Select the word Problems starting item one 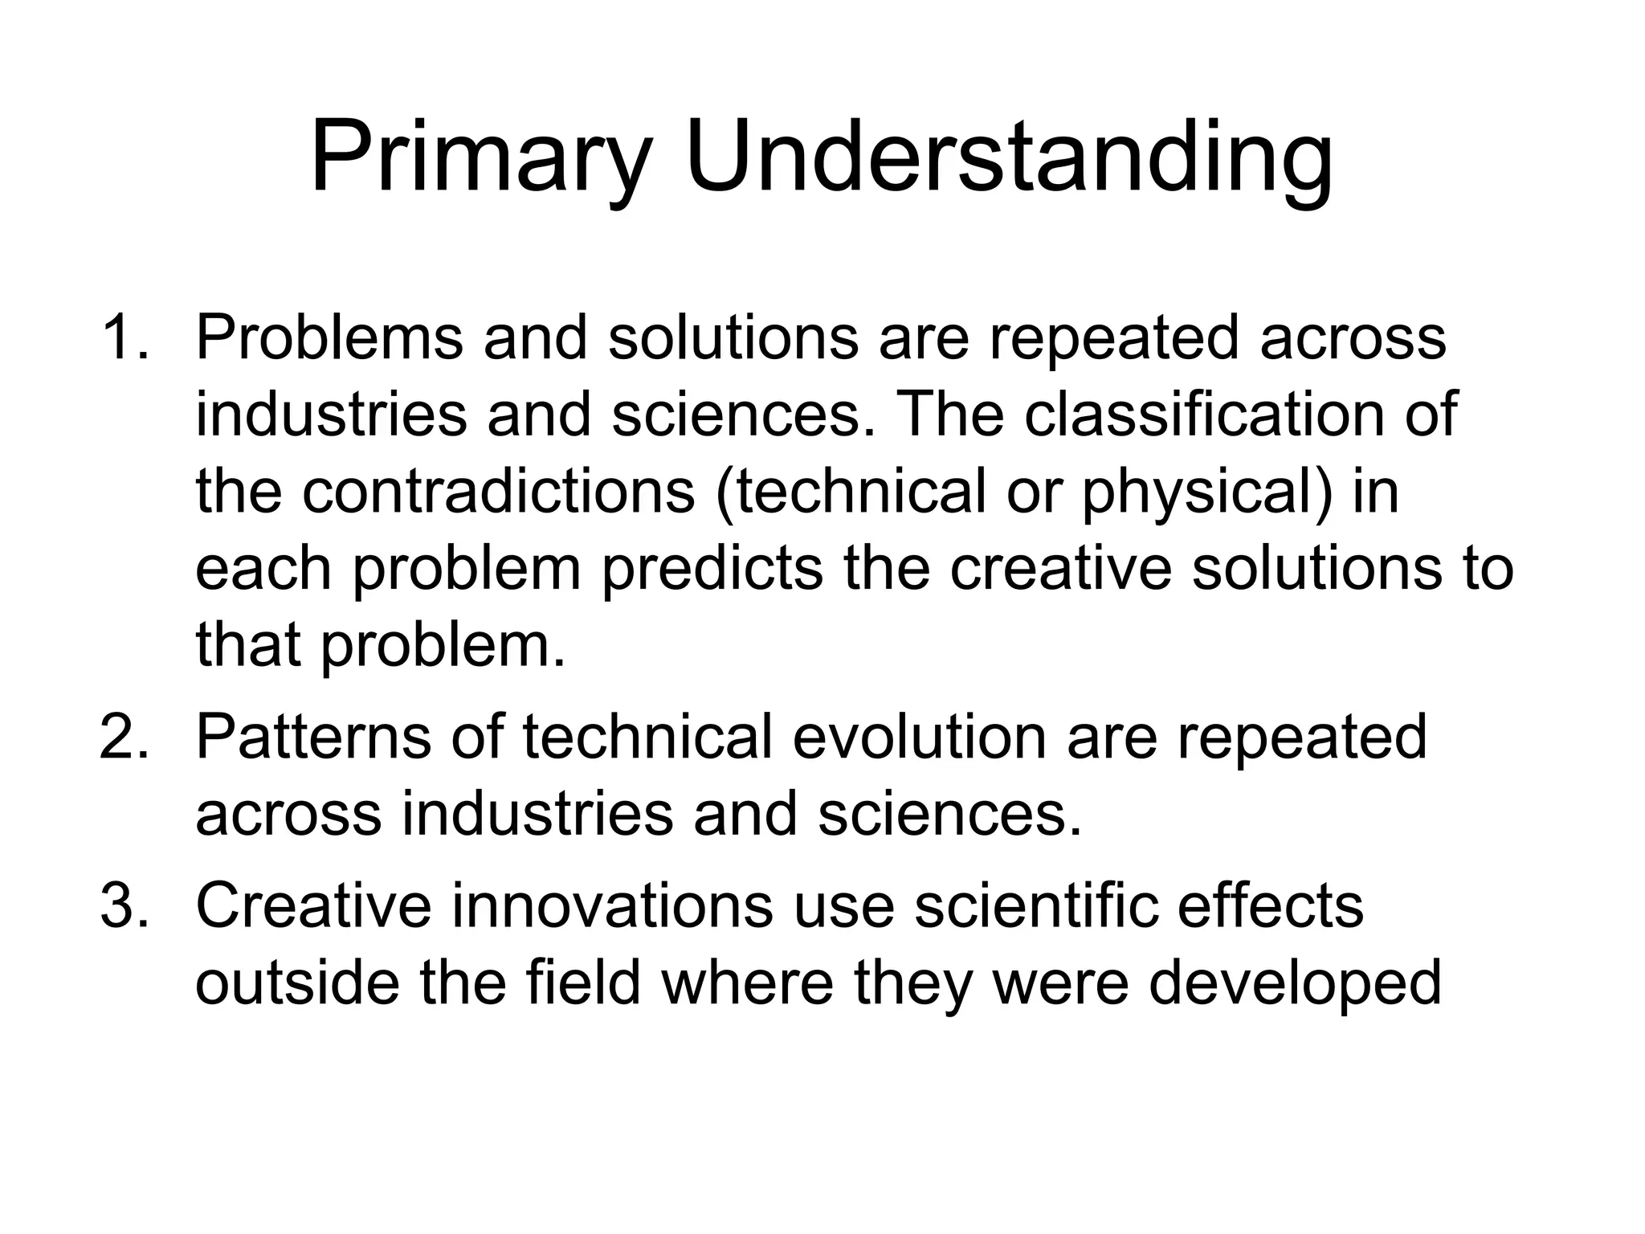coord(329,337)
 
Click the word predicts coord(712,569)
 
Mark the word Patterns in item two coord(313,737)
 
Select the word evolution coord(920,737)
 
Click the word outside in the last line coord(297,983)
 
